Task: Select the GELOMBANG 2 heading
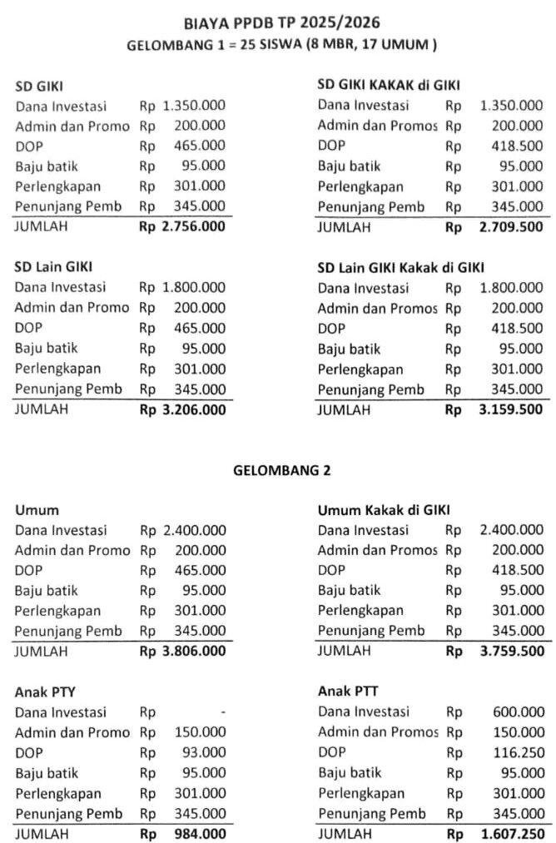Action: (281, 470)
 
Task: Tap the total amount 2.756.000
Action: (194, 226)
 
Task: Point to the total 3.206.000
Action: (194, 409)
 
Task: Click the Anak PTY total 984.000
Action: (200, 833)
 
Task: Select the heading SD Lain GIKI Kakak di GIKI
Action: (400, 267)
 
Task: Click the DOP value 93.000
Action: (203, 752)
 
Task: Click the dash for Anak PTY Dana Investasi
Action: (223, 712)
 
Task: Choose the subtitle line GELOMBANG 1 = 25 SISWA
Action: (281, 45)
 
